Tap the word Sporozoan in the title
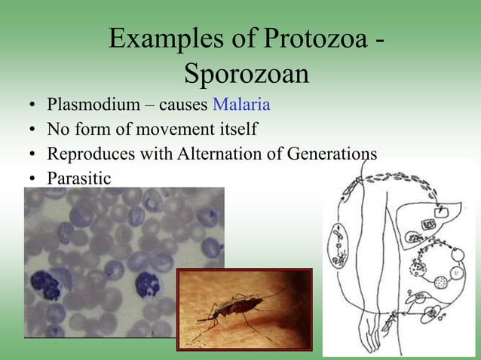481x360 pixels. coord(246,75)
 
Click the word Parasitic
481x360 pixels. coord(78,178)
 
